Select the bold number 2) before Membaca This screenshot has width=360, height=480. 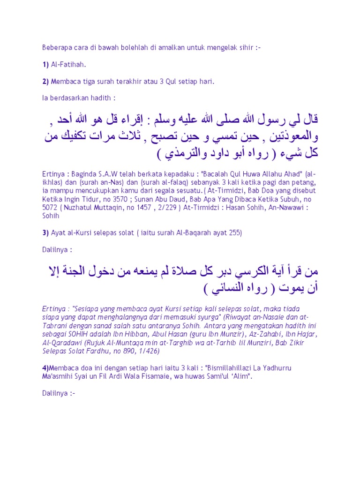45,81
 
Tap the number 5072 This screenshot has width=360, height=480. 50,208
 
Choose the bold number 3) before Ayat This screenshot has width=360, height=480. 45,233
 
